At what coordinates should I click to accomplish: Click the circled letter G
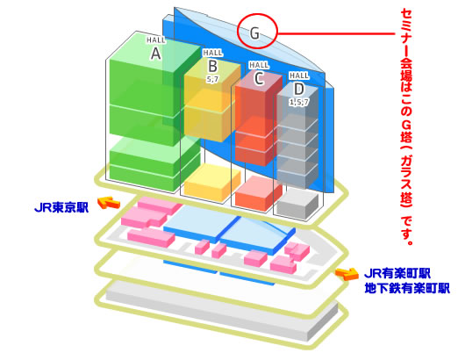pos(254,32)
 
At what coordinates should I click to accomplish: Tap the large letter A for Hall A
pos(156,54)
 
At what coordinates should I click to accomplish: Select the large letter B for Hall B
pos(213,66)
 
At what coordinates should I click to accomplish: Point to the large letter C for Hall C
pos(259,78)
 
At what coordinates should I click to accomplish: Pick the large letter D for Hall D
pos(299,89)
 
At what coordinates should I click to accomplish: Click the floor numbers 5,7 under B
pos(212,79)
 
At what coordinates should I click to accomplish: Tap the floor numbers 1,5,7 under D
pos(299,102)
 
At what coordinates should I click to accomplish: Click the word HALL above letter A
pos(156,40)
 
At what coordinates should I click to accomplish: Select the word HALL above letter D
pos(299,76)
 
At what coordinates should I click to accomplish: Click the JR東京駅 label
pos(61,207)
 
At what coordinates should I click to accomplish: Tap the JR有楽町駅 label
pos(397,273)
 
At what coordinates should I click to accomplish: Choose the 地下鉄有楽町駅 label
pos(407,288)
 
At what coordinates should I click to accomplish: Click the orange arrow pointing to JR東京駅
pos(109,203)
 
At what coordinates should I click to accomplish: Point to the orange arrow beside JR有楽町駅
pos(347,274)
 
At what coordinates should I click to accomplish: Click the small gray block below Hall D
pos(297,204)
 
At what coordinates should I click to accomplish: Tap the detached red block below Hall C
pos(259,193)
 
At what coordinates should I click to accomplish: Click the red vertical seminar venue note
pos(406,126)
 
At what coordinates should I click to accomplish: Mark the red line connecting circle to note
pos(336,33)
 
